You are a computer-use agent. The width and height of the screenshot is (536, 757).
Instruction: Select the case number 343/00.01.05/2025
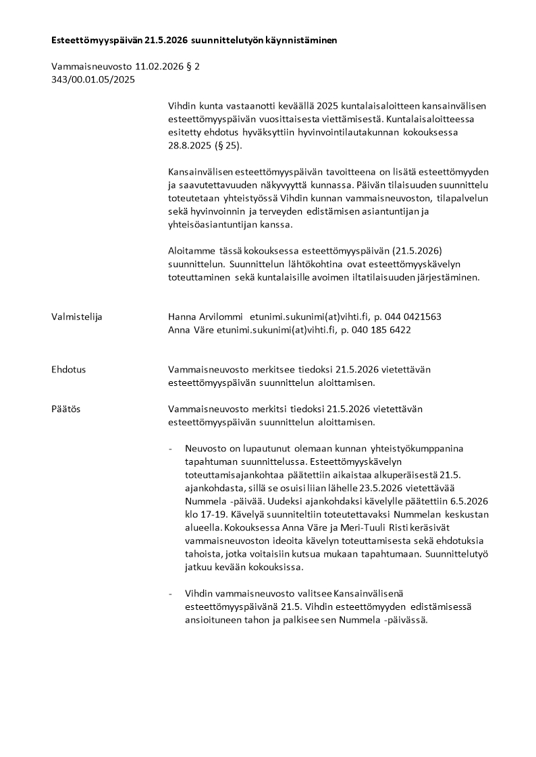pos(93,80)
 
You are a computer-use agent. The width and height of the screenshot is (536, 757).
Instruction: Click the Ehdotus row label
pos(69,370)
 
